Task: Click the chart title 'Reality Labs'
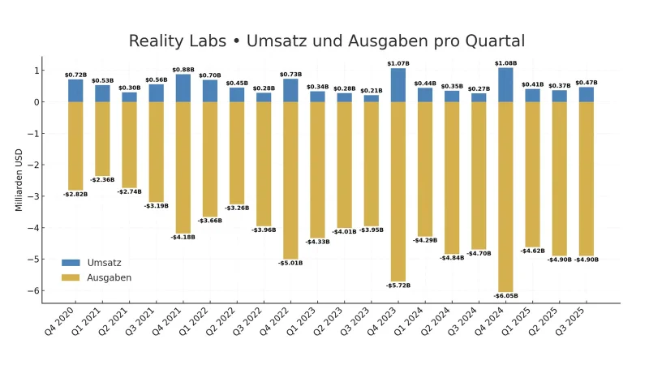(x=326, y=41)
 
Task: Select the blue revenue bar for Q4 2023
(x=398, y=84)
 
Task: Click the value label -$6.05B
(x=505, y=296)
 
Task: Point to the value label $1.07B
(x=398, y=63)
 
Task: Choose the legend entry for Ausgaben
(x=96, y=277)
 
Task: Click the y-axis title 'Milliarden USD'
(x=19, y=180)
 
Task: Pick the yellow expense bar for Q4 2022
(x=290, y=180)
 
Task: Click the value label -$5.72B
(x=398, y=286)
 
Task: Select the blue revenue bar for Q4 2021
(x=183, y=88)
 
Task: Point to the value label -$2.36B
(x=102, y=180)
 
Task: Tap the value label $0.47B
(x=586, y=83)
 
